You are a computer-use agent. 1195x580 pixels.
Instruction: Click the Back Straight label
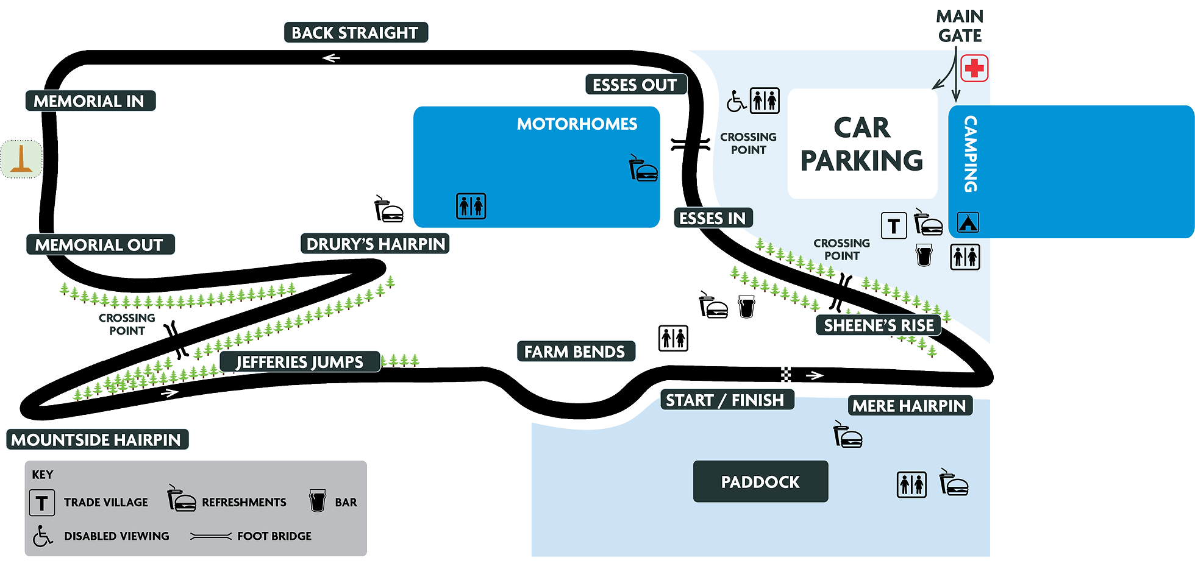click(356, 33)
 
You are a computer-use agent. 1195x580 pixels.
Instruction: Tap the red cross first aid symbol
click(974, 68)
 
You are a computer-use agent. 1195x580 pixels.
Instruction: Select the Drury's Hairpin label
click(375, 244)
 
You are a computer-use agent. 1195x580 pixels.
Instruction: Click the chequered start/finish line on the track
click(786, 375)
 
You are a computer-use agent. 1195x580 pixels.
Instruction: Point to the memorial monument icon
click(21, 158)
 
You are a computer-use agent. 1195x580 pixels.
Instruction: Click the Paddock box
click(760, 482)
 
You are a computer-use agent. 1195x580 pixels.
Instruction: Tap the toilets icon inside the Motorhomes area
click(471, 206)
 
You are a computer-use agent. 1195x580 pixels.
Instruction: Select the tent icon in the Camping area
click(968, 222)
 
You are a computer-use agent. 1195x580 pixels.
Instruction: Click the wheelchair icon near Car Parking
click(736, 101)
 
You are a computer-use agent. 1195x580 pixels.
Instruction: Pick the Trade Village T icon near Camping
click(894, 226)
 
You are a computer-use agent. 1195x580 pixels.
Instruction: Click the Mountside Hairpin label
click(97, 440)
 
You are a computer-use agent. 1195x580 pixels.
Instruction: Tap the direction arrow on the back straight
click(331, 58)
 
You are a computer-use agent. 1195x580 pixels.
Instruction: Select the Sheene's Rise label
click(878, 326)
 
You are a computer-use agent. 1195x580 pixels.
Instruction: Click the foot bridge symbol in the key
click(211, 536)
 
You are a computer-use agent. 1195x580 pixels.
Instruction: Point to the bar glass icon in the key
click(317, 501)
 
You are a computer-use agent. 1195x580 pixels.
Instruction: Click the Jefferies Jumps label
click(299, 362)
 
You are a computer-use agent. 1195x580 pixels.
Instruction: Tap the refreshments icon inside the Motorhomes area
click(643, 169)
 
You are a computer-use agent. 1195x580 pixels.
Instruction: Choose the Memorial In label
click(90, 101)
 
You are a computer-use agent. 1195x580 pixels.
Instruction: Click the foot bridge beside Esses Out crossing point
click(691, 144)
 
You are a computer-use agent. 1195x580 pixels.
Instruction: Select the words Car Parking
click(861, 144)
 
